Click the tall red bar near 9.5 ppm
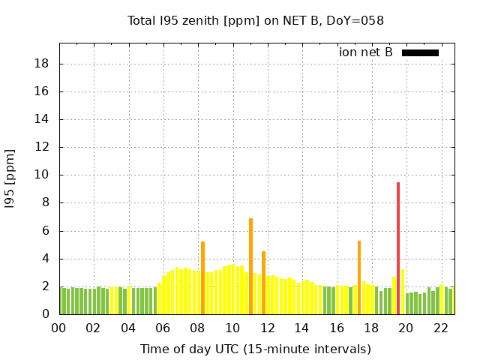click(x=398, y=248)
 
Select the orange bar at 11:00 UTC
click(x=250, y=266)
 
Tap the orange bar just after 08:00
click(x=202, y=277)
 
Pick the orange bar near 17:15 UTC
click(x=359, y=277)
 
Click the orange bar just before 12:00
click(x=263, y=283)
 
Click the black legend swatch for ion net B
click(x=420, y=52)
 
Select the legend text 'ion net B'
click(x=366, y=52)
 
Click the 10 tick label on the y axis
click(x=42, y=175)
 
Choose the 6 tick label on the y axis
click(x=46, y=231)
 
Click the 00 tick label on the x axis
click(x=58, y=328)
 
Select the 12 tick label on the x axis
click(x=267, y=328)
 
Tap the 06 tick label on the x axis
click(x=163, y=328)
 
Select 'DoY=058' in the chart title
click(x=358, y=20)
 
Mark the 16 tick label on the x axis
click(x=337, y=328)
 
